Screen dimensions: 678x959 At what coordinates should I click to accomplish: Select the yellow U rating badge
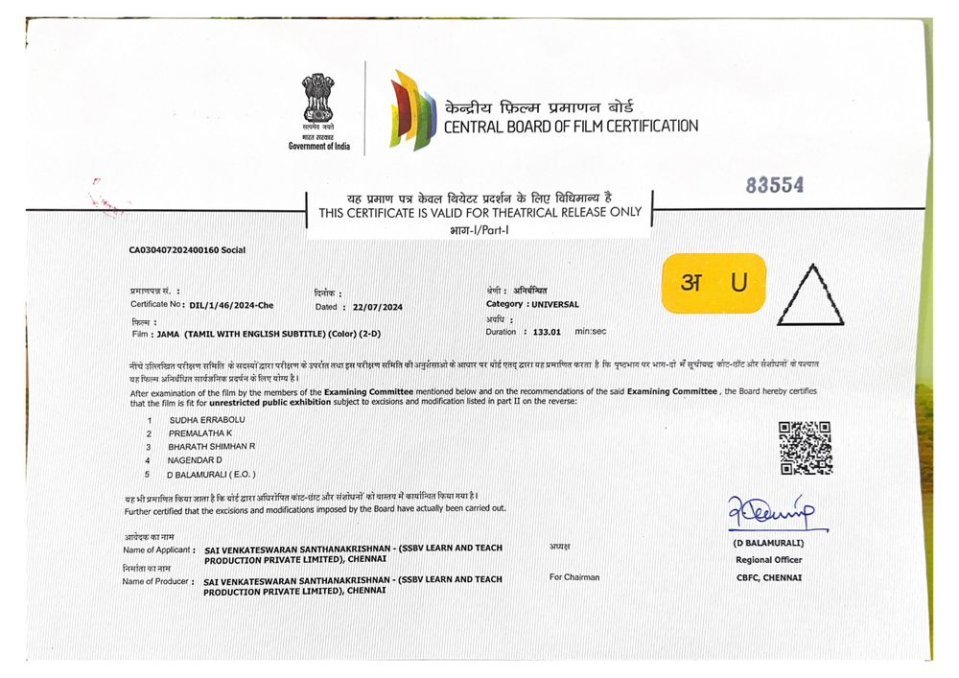[x=713, y=283]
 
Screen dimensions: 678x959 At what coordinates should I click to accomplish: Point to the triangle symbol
[x=811, y=292]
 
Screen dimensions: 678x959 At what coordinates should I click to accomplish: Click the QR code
[x=805, y=448]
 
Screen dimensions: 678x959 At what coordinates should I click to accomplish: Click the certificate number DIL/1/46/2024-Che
[x=231, y=305]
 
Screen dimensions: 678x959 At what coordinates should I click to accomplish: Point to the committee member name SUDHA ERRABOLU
[x=206, y=420]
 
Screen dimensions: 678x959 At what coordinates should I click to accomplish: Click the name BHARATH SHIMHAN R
[x=211, y=447]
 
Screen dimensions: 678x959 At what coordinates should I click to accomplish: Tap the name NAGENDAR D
[x=195, y=460]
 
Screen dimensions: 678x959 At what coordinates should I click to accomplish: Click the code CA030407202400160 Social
[x=187, y=250]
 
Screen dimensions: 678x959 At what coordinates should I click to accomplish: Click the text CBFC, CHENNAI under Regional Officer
[x=769, y=577]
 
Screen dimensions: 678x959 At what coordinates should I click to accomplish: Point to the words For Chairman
[x=574, y=577]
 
